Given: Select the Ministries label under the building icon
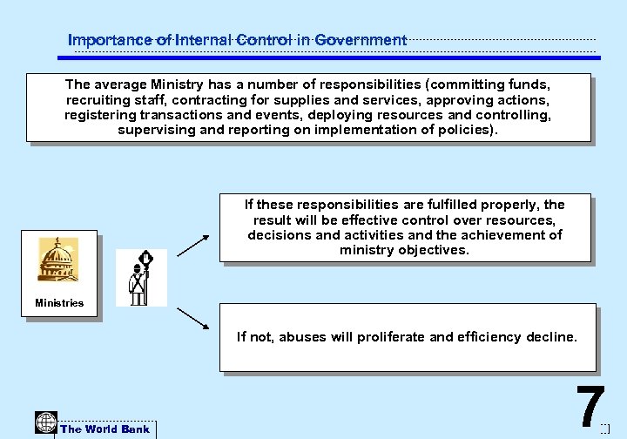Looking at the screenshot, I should point(59,303).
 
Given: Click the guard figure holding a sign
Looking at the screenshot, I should point(140,278).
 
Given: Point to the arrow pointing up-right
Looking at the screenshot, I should point(192,245).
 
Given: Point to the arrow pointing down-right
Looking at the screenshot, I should point(192,318).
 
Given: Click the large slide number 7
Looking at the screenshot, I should point(590,406).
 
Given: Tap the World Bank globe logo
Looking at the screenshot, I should point(45,422).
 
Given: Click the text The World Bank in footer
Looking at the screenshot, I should point(104,429).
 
